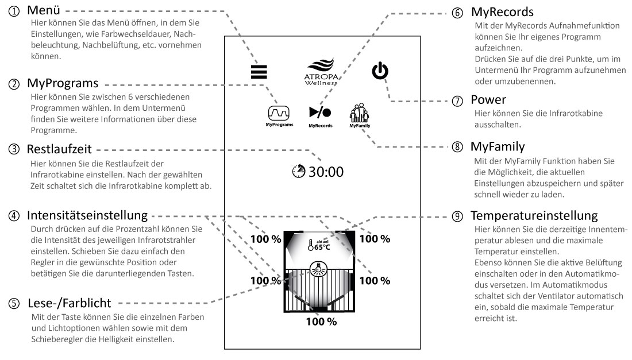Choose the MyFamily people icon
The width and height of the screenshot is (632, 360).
point(360,111)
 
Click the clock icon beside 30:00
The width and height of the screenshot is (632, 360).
point(300,171)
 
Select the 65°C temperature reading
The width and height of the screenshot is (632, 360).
point(322,248)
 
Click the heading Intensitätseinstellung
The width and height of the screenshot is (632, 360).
point(87,216)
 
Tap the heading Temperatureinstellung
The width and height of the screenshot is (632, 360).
point(534,216)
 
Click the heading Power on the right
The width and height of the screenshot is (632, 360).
point(488,100)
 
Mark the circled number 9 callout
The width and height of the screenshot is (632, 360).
point(457,216)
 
